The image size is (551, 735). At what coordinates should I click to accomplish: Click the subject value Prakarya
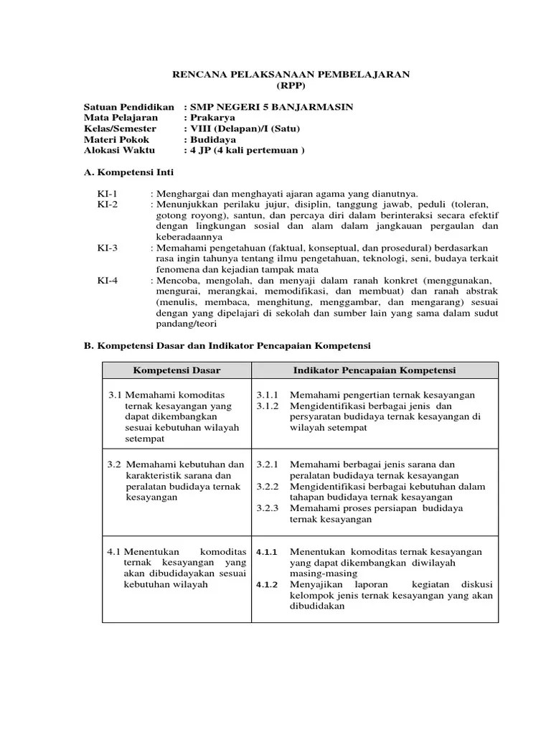[207, 118]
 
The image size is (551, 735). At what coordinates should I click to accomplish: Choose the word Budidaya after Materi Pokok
[209, 139]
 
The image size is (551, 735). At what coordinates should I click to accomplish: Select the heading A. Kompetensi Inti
[128, 173]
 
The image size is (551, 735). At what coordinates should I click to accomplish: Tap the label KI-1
[107, 194]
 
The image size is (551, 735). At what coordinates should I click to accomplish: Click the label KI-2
[107, 205]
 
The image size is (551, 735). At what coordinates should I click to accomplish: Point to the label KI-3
[107, 248]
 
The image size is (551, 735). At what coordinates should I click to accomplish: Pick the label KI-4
[107, 280]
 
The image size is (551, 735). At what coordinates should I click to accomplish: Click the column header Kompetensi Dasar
[176, 370]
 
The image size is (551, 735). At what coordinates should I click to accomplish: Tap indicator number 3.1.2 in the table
[268, 406]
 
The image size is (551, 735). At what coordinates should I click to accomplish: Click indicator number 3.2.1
[268, 464]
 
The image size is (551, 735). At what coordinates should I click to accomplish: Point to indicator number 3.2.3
[268, 507]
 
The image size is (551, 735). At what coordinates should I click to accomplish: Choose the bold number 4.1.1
[267, 552]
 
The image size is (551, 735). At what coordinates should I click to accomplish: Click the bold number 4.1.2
[267, 584]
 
